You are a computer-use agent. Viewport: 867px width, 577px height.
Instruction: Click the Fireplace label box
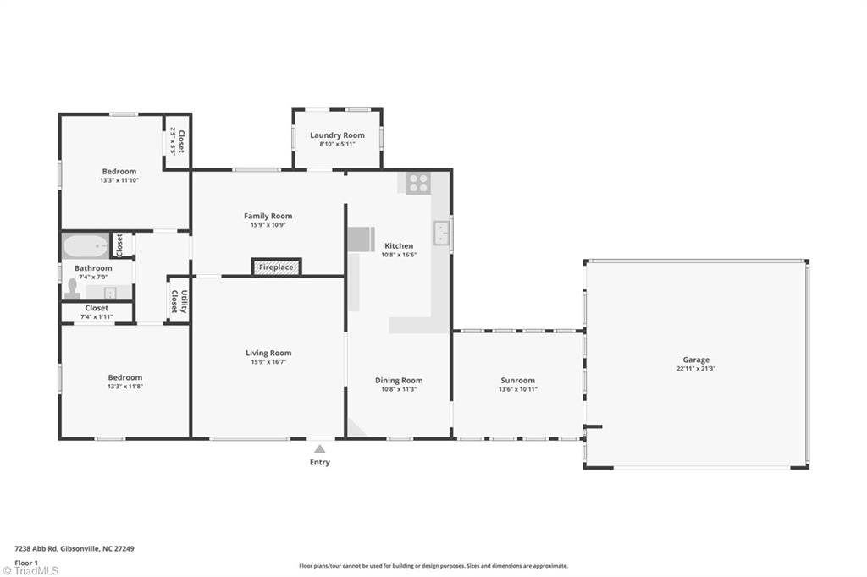(276, 267)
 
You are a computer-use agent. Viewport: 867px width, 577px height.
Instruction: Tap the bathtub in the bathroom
(85, 246)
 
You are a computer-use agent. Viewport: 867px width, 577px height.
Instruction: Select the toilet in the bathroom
(73, 290)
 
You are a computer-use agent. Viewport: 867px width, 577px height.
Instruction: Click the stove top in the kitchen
(417, 183)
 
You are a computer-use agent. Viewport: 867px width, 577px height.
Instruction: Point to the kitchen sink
(441, 233)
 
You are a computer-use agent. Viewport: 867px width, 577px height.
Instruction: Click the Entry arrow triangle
(319, 448)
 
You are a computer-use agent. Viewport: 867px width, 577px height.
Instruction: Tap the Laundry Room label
(337, 135)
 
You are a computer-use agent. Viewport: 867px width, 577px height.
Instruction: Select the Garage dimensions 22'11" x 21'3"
(696, 369)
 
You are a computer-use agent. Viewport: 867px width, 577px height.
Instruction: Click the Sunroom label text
(517, 381)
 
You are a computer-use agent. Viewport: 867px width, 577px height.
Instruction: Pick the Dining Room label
(399, 381)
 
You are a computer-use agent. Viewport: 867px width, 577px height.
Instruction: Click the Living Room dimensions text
(268, 362)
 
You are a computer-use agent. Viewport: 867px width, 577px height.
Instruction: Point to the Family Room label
(268, 217)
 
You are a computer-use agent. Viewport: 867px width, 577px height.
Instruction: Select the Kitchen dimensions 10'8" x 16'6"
(398, 255)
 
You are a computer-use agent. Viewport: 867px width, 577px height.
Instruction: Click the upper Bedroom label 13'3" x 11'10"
(119, 172)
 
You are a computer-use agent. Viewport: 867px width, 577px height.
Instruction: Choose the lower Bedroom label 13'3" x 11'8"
(124, 377)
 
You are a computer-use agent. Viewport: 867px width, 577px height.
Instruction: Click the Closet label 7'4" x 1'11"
(97, 309)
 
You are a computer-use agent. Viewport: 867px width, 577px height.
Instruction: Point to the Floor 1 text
(26, 562)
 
